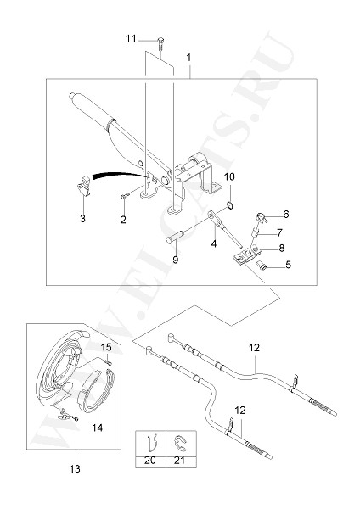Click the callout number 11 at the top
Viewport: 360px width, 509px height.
(131, 39)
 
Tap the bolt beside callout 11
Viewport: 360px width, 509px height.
(160, 43)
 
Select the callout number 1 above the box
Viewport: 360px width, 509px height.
(188, 58)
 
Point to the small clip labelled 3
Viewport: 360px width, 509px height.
(84, 185)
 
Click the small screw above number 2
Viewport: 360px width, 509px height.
(125, 196)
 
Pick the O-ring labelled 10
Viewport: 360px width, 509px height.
(230, 205)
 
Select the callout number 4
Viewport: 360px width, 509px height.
(213, 243)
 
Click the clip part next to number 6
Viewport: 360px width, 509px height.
(262, 218)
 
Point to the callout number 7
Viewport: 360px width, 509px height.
(279, 232)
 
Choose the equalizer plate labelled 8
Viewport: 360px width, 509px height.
(246, 255)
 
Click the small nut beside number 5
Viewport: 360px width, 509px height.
(262, 266)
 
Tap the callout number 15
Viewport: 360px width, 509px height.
(106, 347)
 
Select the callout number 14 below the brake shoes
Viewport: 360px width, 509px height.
(97, 428)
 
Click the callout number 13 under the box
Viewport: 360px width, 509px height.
(75, 469)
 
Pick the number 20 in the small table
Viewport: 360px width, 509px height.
(149, 461)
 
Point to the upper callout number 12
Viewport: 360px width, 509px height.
(255, 348)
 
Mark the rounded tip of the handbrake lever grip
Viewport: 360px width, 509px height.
(72, 96)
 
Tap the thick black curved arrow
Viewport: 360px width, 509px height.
(119, 175)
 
